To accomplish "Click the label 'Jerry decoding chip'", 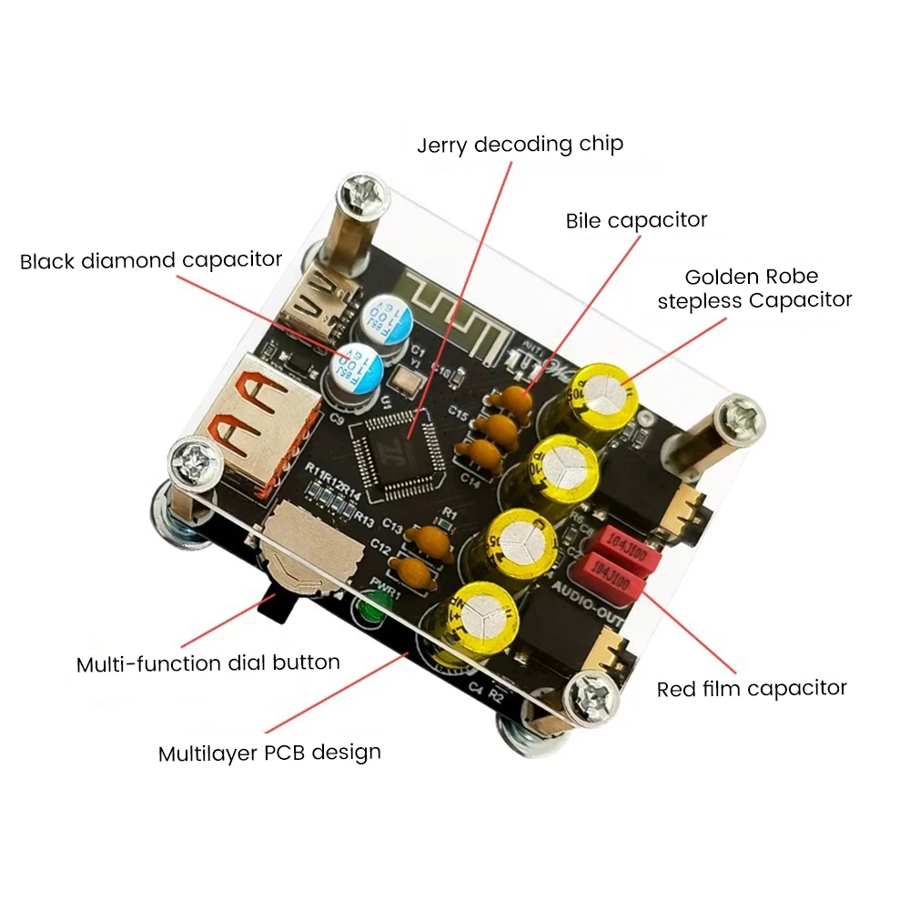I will (520, 145).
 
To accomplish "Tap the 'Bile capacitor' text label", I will (636, 220).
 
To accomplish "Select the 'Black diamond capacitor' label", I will (151, 260).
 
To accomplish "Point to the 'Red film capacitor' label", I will (752, 689).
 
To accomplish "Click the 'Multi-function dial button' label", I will (208, 663).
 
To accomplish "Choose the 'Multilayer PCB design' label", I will (269, 753).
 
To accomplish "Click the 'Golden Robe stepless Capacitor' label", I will (754, 288).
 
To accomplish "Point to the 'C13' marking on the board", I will (393, 525).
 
